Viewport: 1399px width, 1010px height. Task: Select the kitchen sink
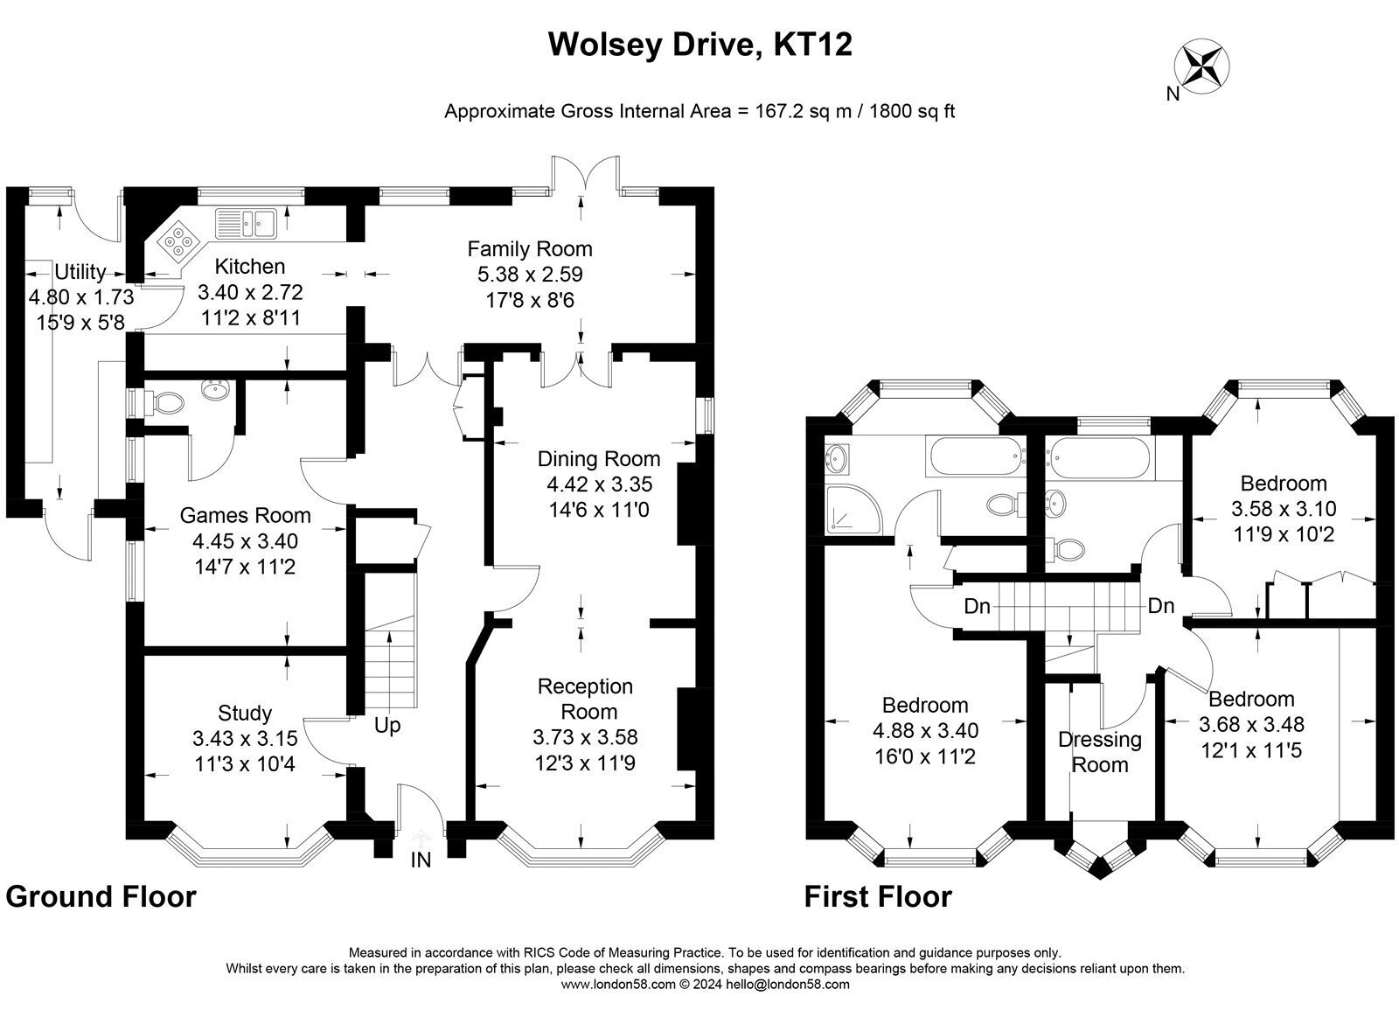point(246,223)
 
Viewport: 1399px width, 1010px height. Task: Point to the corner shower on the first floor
point(853,509)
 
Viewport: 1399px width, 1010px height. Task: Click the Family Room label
point(530,248)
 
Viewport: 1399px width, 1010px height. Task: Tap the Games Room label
point(245,515)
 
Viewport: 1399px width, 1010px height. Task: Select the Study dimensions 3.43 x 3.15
point(245,738)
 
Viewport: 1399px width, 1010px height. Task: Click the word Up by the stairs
point(387,726)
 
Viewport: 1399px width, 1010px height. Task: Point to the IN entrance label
point(421,860)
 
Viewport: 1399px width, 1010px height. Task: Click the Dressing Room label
point(1100,752)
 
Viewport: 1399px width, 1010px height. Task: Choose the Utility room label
point(80,272)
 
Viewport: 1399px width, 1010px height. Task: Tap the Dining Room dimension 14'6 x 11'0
point(599,510)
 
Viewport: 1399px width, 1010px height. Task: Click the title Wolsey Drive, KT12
point(700,45)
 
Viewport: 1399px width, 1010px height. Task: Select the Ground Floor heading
point(101,896)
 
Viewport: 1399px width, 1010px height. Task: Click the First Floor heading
point(878,896)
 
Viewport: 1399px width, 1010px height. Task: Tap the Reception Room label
point(585,699)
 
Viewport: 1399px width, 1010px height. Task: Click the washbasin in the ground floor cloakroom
point(216,390)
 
